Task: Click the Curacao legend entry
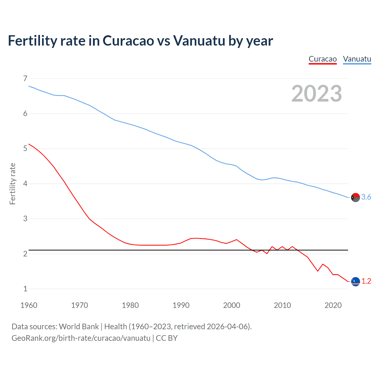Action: coord(322,59)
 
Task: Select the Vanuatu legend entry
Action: coord(357,59)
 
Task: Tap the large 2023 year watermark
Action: coord(317,94)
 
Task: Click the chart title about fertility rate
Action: coord(140,41)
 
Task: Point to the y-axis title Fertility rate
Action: coord(12,184)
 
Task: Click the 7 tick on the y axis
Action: coord(25,78)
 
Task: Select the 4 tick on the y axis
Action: coord(25,184)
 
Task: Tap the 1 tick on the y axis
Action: coord(25,289)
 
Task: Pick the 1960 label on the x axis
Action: coord(29,305)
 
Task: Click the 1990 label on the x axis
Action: coord(181,305)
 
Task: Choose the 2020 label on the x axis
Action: coord(333,305)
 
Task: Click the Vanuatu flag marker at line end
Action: coord(355,197)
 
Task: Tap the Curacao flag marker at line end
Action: coord(355,281)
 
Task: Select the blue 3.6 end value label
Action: coord(366,197)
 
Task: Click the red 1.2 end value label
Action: coord(366,281)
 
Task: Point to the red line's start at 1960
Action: coord(29,144)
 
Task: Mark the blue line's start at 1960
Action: coord(29,86)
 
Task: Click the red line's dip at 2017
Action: coord(318,271)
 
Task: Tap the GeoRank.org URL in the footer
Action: coord(81,338)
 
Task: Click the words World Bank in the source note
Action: coord(79,327)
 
